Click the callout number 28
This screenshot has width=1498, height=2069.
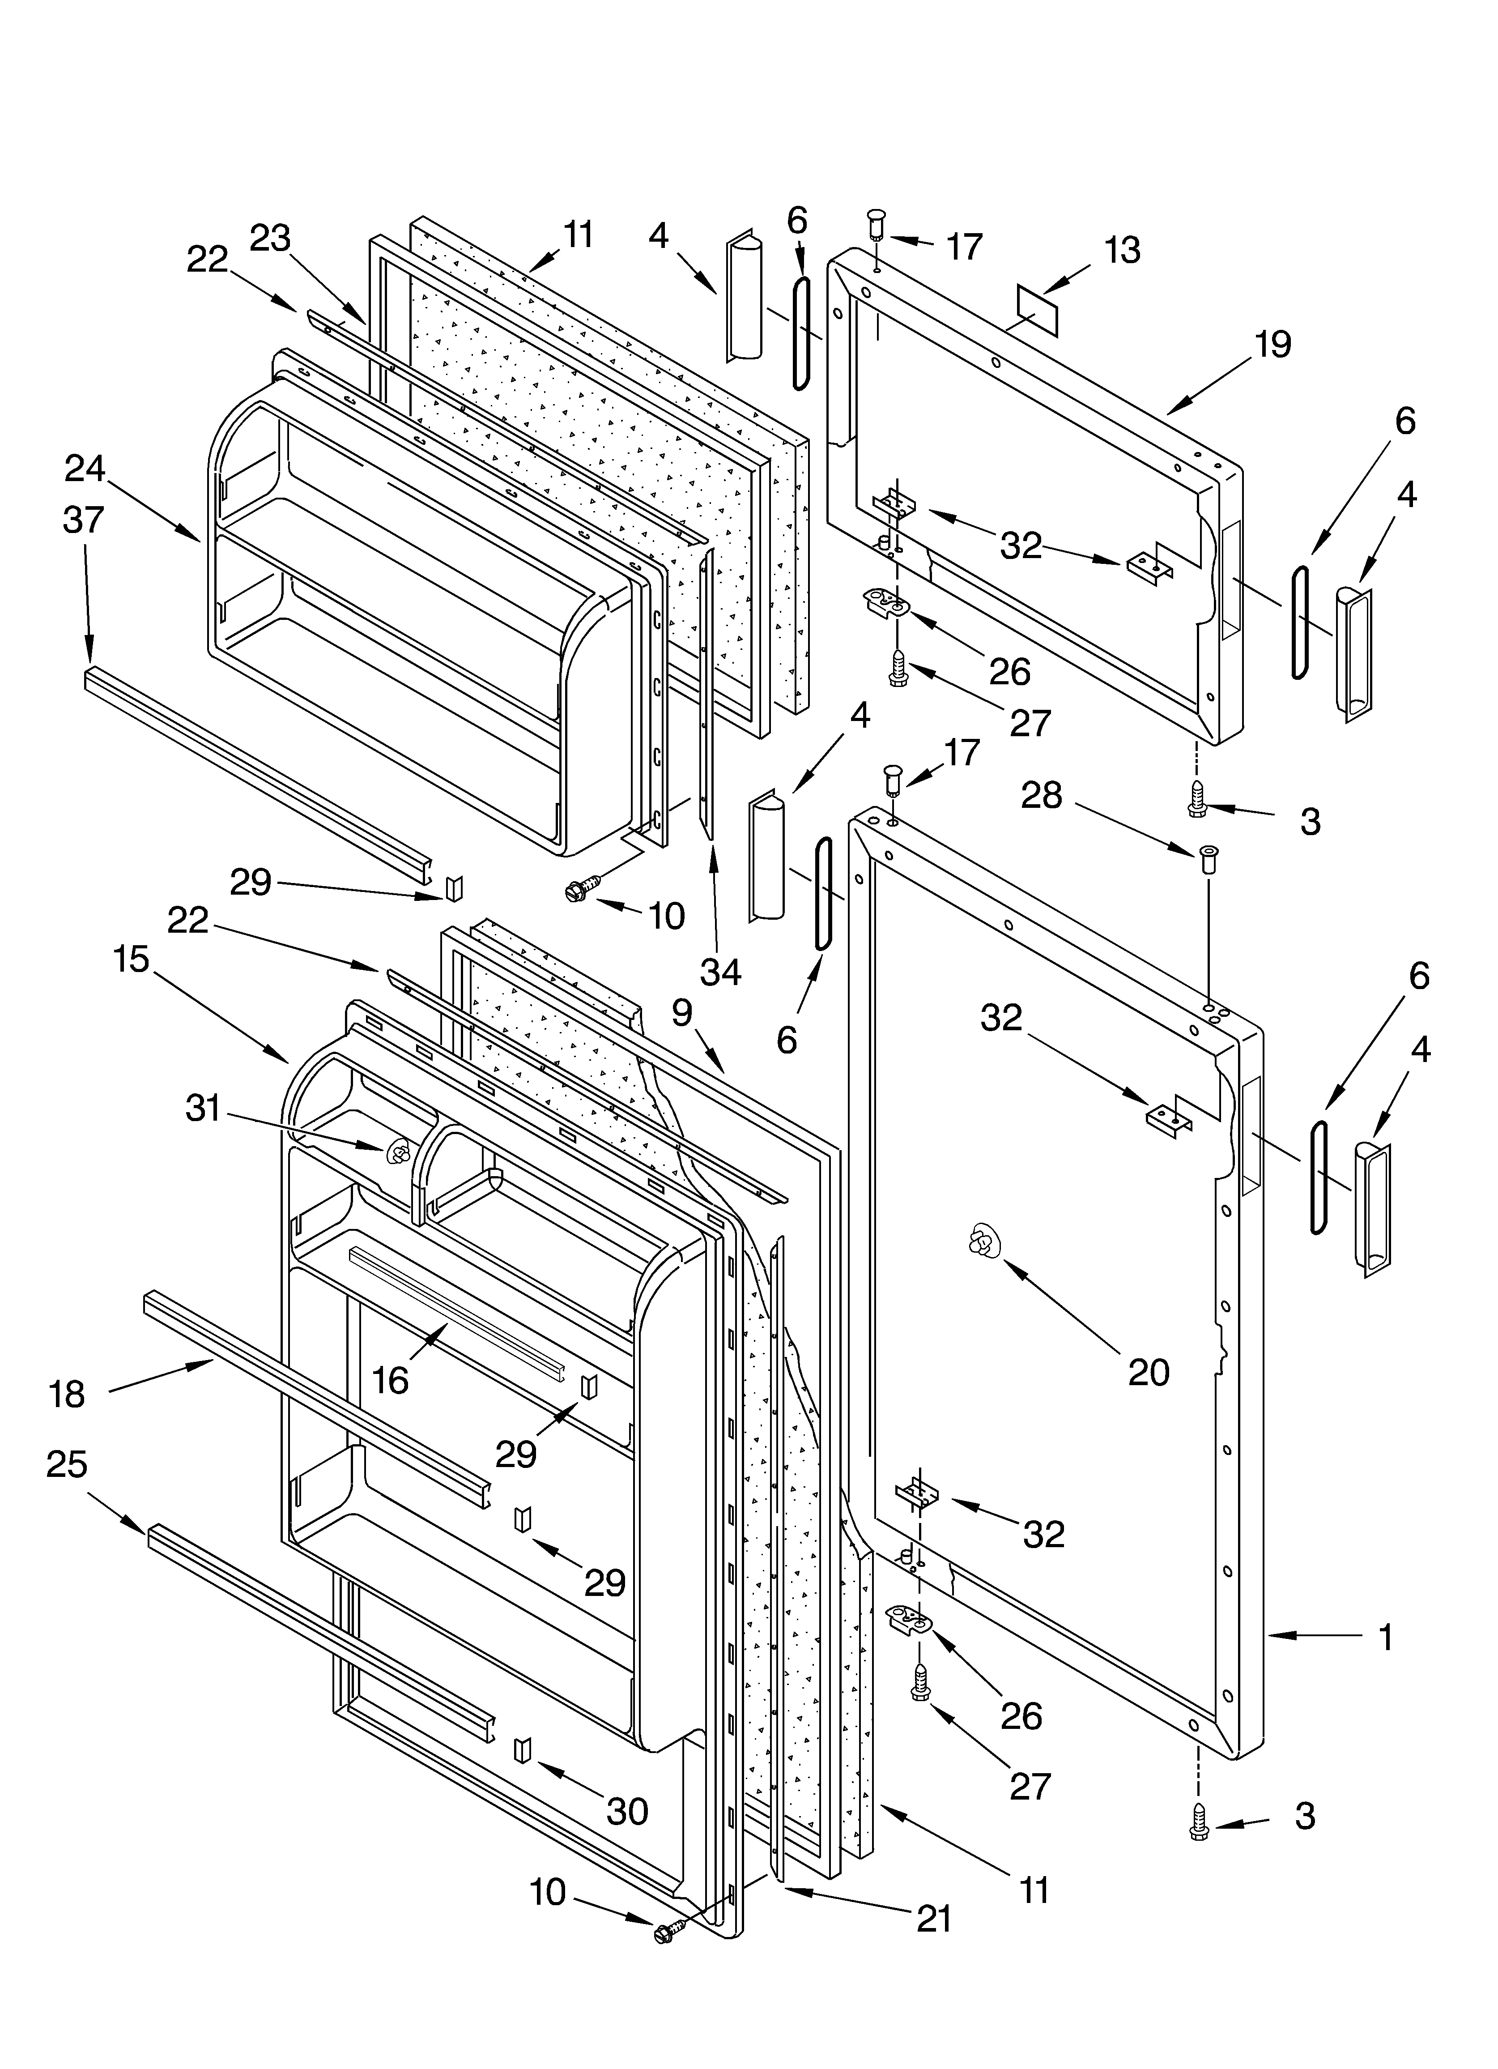click(x=1041, y=795)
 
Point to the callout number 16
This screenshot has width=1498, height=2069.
click(x=391, y=1380)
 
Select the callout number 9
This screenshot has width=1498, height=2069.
click(x=682, y=1010)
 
